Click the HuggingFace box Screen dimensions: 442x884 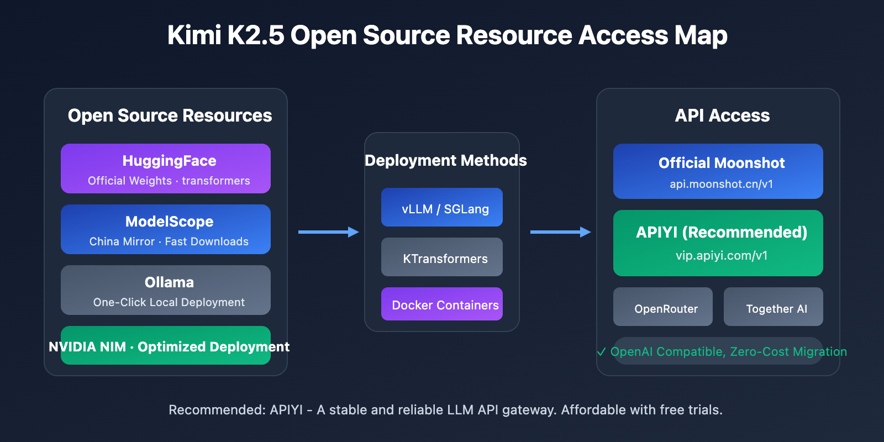coord(166,169)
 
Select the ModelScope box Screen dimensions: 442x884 coord(166,229)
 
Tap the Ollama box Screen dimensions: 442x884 coord(166,290)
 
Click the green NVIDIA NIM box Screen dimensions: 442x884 coord(166,346)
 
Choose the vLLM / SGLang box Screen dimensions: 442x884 coord(442,208)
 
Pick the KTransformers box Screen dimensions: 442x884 coord(442,257)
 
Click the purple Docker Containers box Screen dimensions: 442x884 coord(442,304)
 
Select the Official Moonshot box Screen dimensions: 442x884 coord(718,171)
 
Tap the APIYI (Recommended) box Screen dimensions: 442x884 coord(718,243)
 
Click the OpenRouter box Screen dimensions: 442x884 coord(663,307)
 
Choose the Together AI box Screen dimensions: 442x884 coord(773,307)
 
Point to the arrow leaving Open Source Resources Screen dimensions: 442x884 coord(328,232)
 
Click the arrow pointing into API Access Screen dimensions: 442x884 coord(560,232)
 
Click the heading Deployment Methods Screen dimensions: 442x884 coord(445,160)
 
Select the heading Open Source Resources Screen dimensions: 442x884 coord(170,115)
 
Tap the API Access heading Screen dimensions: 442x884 coord(722,115)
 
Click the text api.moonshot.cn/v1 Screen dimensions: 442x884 coord(721,184)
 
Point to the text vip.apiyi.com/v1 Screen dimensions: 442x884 coord(722,256)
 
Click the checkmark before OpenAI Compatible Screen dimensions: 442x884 coord(602,352)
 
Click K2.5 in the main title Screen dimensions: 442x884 coord(255,35)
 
